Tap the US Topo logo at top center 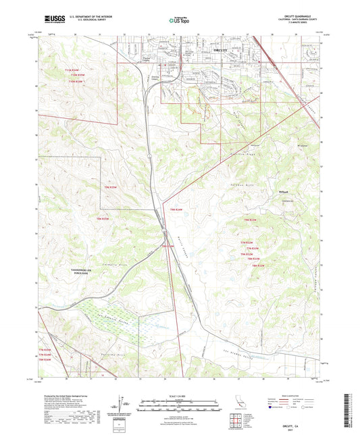[x=180, y=20]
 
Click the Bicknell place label [x=284, y=190]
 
